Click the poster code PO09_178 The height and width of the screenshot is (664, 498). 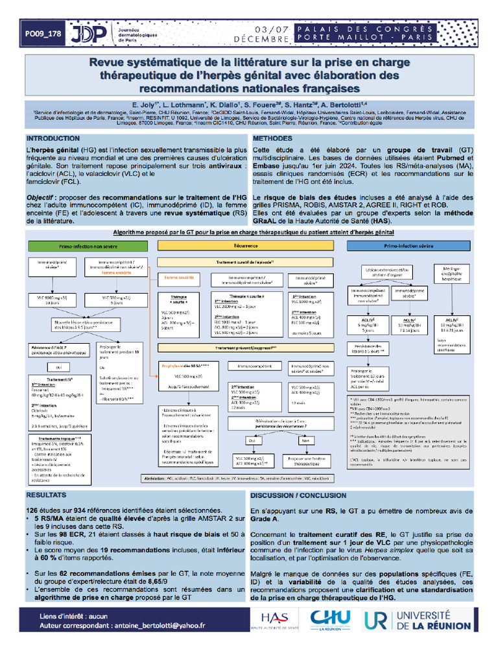click(44, 33)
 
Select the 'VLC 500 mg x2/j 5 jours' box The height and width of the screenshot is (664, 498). click(120, 299)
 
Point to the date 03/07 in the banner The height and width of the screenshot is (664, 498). click(272, 29)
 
